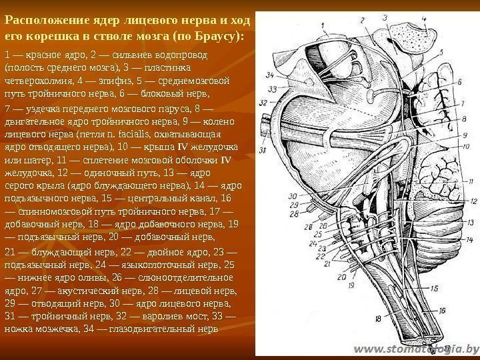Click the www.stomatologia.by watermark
[x=416, y=348]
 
